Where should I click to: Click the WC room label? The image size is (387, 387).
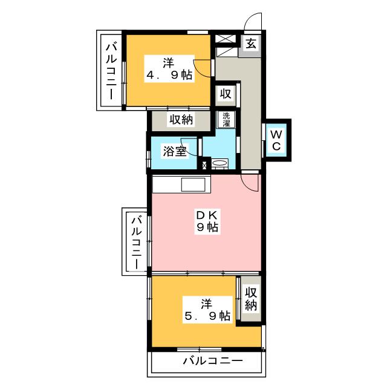(276, 141)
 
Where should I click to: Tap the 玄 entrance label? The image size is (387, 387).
(251, 44)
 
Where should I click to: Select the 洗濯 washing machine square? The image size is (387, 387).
(226, 120)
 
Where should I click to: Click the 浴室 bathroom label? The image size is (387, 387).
(175, 151)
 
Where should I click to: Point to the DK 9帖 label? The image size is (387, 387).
(207, 221)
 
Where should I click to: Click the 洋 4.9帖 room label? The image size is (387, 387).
(169, 69)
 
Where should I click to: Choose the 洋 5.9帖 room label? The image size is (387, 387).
(207, 310)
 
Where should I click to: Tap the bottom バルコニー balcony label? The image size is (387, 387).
(213, 362)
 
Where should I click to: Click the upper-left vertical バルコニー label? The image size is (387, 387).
(111, 71)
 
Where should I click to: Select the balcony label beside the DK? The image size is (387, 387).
(136, 243)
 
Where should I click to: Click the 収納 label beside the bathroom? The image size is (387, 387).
(181, 120)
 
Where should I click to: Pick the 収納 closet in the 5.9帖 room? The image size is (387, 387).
(251, 299)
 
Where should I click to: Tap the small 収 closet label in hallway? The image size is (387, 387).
(226, 94)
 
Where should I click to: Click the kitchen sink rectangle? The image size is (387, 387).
(193, 184)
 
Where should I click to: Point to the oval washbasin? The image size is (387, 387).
(220, 163)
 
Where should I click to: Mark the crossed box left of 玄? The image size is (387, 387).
(224, 39)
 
